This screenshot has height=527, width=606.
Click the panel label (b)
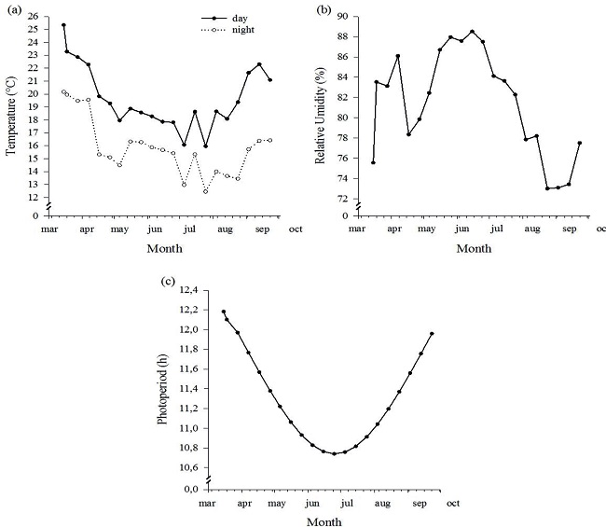[x=324, y=10]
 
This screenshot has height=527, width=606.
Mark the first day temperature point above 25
[x=63, y=25]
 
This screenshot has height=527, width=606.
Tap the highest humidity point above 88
[x=472, y=32]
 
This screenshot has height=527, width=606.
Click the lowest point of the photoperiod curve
[x=334, y=454]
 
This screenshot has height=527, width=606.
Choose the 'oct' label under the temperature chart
[x=295, y=228]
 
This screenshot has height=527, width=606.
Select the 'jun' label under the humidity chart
[x=461, y=228]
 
